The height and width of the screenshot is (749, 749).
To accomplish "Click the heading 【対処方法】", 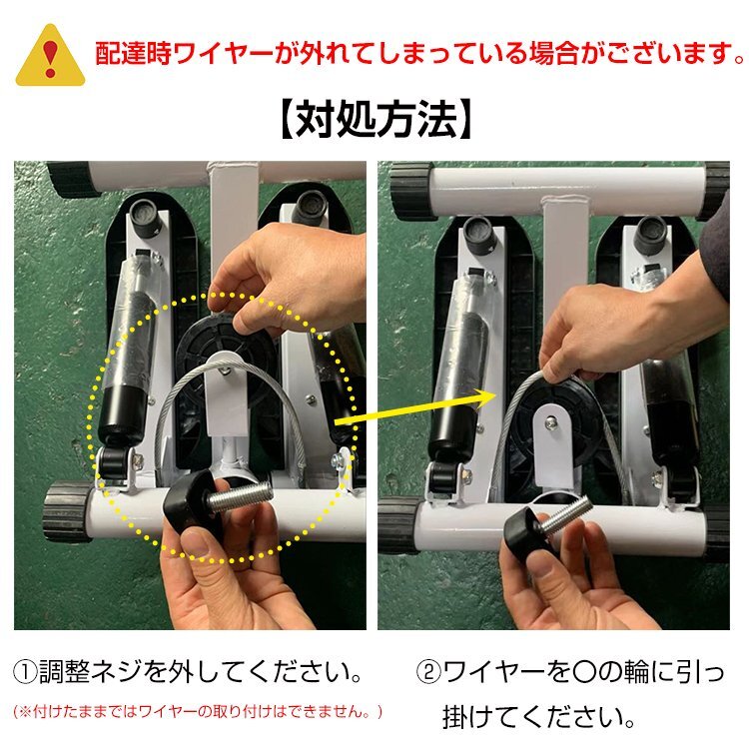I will click(x=374, y=120).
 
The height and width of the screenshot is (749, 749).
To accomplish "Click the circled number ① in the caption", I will click(x=25, y=668).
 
